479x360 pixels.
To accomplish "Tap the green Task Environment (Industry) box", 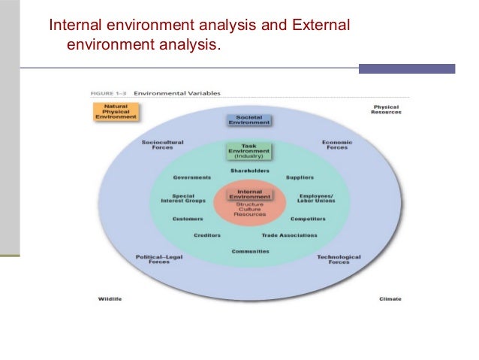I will point(249,153).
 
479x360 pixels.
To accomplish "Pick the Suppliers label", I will point(300,178).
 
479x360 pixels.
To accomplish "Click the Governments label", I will point(191,178).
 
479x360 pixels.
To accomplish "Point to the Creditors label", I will point(207,235).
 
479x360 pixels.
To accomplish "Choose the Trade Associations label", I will point(289,235).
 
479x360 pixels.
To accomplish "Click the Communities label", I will point(249,251).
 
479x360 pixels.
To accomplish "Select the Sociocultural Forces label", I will point(162,145).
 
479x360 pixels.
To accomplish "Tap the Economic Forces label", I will point(337,145).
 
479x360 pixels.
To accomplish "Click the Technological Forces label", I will point(339,259).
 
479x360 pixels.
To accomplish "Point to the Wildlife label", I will point(110,299).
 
